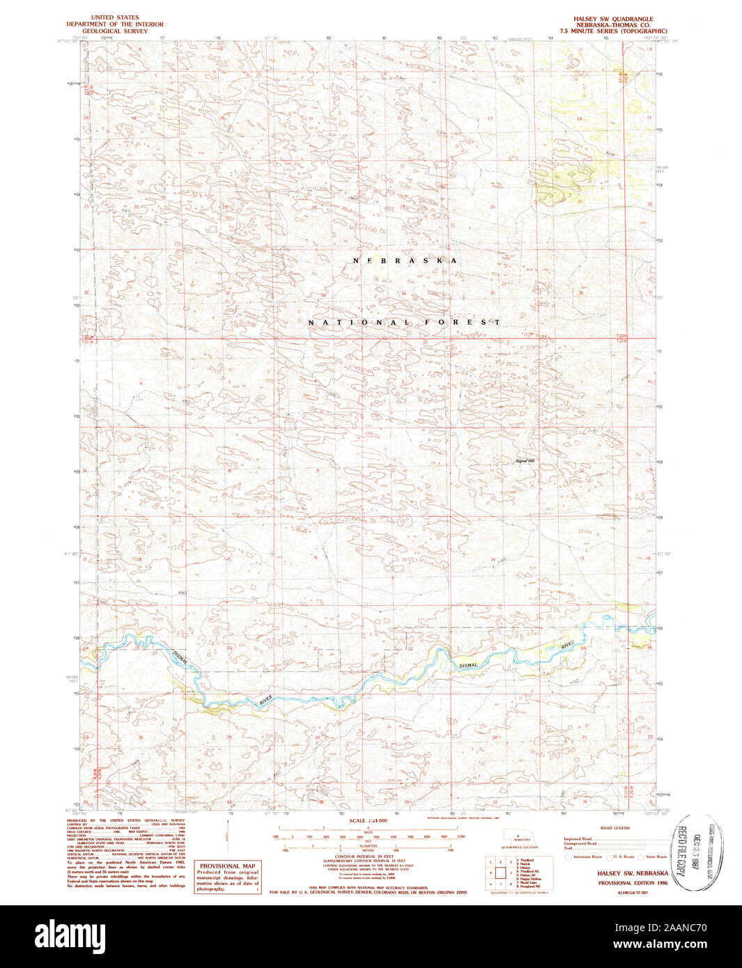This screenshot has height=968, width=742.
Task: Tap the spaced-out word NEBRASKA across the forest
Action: (405, 260)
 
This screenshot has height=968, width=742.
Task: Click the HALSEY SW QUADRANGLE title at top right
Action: (613, 19)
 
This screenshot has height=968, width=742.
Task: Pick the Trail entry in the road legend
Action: (569, 848)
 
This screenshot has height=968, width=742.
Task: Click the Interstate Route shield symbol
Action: (569, 857)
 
